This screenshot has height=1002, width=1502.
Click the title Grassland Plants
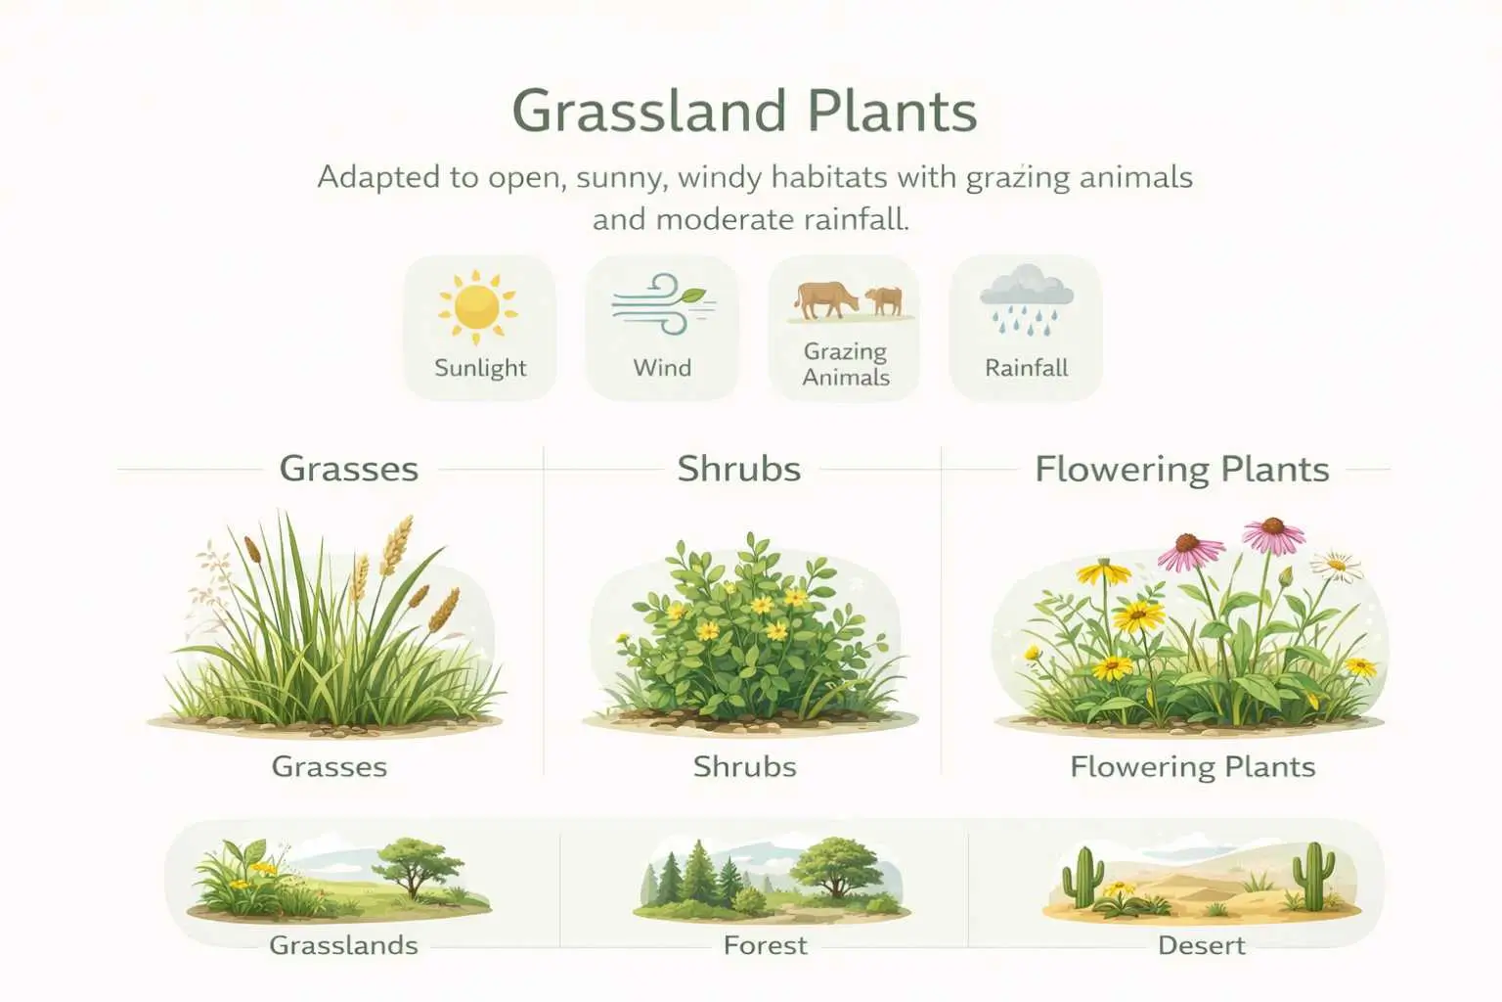pos(744,111)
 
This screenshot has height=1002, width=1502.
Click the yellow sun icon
pos(477,306)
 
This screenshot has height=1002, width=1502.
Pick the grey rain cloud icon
pos(1027,288)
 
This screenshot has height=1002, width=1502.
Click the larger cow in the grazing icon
pos(824,298)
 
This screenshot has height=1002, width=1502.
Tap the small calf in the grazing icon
pos(885,300)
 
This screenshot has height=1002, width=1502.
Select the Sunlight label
pos(480,368)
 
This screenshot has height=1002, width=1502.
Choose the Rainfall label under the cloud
pos(1026,368)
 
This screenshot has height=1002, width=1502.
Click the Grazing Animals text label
pos(846,364)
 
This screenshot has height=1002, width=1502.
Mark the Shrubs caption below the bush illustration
pos(744,766)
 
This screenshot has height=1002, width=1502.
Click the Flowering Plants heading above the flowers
pos(1181,469)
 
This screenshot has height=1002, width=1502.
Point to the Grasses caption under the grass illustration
pos(329,766)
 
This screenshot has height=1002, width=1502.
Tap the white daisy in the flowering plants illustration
pos(1336,565)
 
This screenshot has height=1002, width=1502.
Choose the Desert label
pos(1201,945)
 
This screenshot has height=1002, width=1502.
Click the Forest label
pos(765,945)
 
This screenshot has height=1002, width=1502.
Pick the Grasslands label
pos(343,945)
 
